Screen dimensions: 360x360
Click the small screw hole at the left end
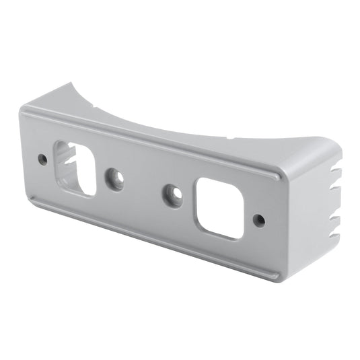[x=42, y=159]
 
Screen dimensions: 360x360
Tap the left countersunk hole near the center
[x=116, y=179]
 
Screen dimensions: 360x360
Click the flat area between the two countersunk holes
[x=143, y=186]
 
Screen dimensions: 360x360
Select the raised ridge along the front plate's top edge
[x=148, y=137]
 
